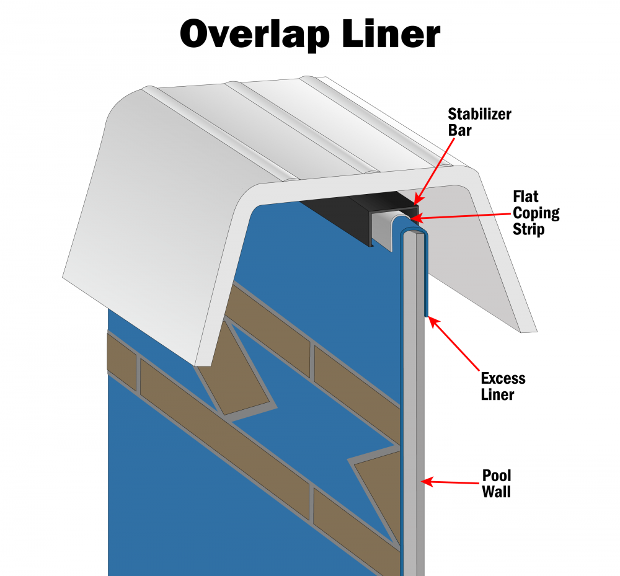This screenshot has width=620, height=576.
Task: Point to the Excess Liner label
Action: tap(503, 386)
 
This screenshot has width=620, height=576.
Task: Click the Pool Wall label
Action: tap(497, 484)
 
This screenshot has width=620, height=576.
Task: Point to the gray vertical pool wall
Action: tap(412, 403)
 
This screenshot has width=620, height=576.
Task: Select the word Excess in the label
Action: tap(503, 378)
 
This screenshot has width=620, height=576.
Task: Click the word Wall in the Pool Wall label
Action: tap(497, 493)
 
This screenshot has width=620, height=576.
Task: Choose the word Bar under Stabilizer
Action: tap(459, 130)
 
